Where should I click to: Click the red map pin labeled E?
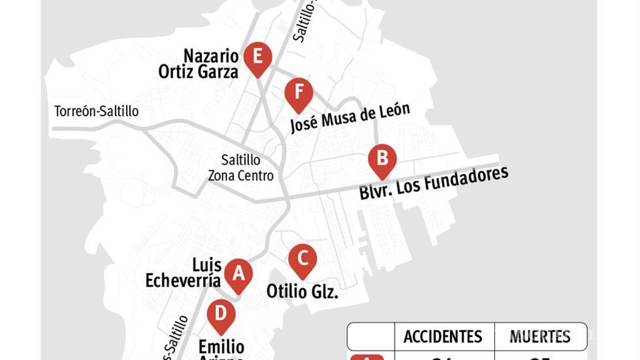click(257, 58)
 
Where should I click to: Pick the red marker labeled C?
click(303, 259)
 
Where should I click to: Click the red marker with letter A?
click(238, 274)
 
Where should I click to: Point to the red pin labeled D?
click(221, 314)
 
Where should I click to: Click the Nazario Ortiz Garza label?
click(199, 64)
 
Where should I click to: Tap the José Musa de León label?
click(350, 118)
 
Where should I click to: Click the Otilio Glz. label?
click(302, 292)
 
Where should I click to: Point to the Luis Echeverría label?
click(184, 273)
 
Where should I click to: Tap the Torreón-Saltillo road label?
click(96, 112)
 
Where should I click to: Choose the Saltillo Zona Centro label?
click(241, 168)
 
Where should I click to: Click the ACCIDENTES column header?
click(443, 337)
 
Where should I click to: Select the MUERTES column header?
click(540, 337)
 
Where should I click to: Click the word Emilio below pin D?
click(221, 347)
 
